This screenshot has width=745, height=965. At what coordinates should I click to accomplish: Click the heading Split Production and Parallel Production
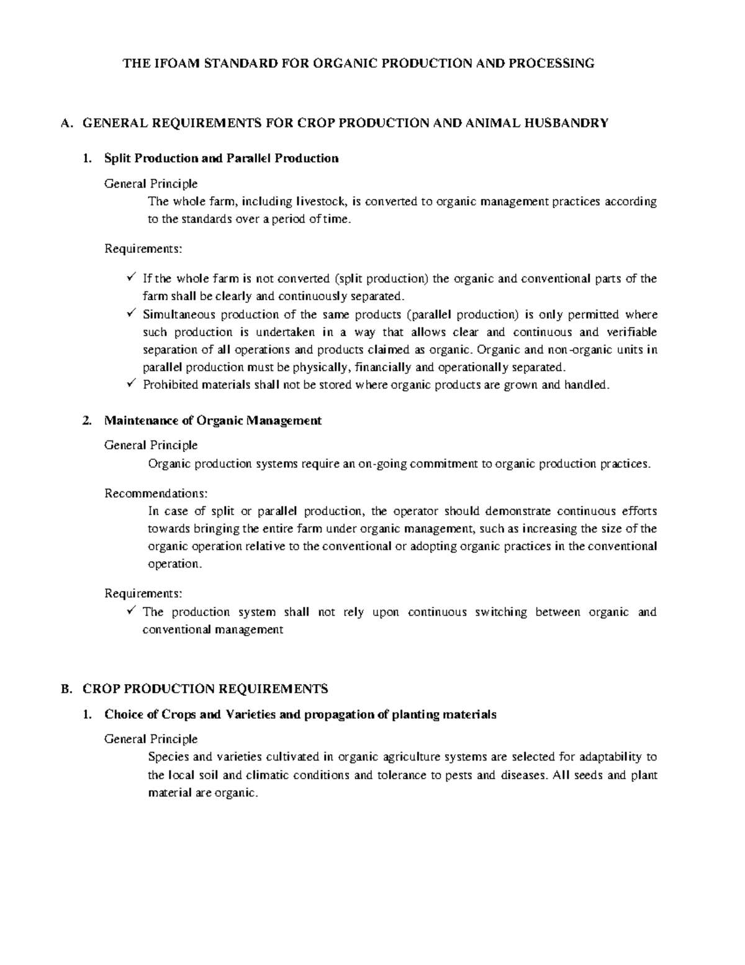[222, 158]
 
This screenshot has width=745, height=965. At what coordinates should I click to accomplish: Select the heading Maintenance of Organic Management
[213, 421]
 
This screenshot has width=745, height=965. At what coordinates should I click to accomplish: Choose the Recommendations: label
[156, 493]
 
